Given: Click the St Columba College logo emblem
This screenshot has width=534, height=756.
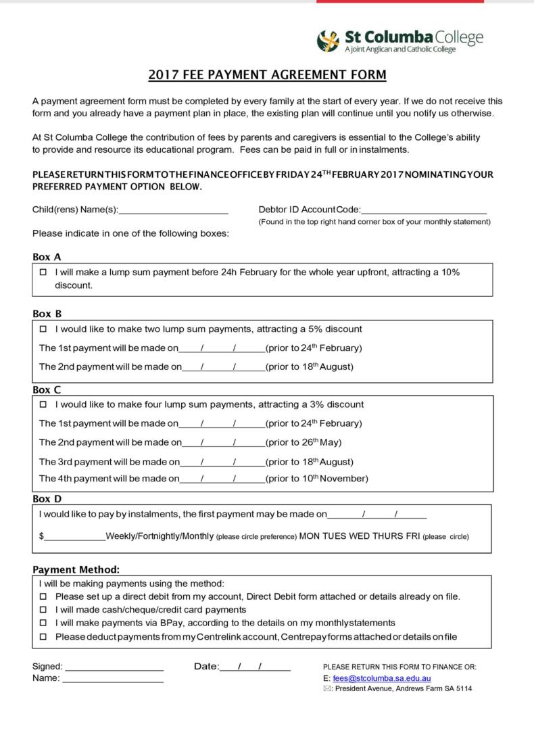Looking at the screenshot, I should tap(328, 41).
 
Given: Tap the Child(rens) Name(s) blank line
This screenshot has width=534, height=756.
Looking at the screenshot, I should tap(174, 210).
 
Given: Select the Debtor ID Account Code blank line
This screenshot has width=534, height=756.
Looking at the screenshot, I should tap(424, 210).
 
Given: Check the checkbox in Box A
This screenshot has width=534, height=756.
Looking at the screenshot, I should tap(43, 273).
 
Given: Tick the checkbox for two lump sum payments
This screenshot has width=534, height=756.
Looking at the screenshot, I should tap(43, 329).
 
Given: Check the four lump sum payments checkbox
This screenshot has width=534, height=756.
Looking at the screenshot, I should tap(43, 405).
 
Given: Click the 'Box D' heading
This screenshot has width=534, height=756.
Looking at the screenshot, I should tap(47, 499).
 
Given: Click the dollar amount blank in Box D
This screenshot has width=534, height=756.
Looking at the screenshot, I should tap(75, 536).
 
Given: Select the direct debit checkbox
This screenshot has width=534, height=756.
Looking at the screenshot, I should tap(43, 597).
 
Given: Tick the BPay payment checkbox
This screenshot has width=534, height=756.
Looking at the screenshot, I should tap(43, 623).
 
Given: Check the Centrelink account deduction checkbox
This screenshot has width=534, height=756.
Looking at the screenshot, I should tap(43, 636).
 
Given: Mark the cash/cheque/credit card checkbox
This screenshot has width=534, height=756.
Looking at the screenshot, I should tap(43, 610).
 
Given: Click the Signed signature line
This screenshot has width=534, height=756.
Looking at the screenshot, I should tap(114, 667).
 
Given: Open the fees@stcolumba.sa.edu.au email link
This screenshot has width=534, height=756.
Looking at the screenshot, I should tap(381, 678).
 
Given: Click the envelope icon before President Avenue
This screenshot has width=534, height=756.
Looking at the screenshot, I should tap(328, 689).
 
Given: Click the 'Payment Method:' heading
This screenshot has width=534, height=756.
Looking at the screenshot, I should tap(76, 570).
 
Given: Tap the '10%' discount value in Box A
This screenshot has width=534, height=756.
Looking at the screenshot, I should tap(450, 273).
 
